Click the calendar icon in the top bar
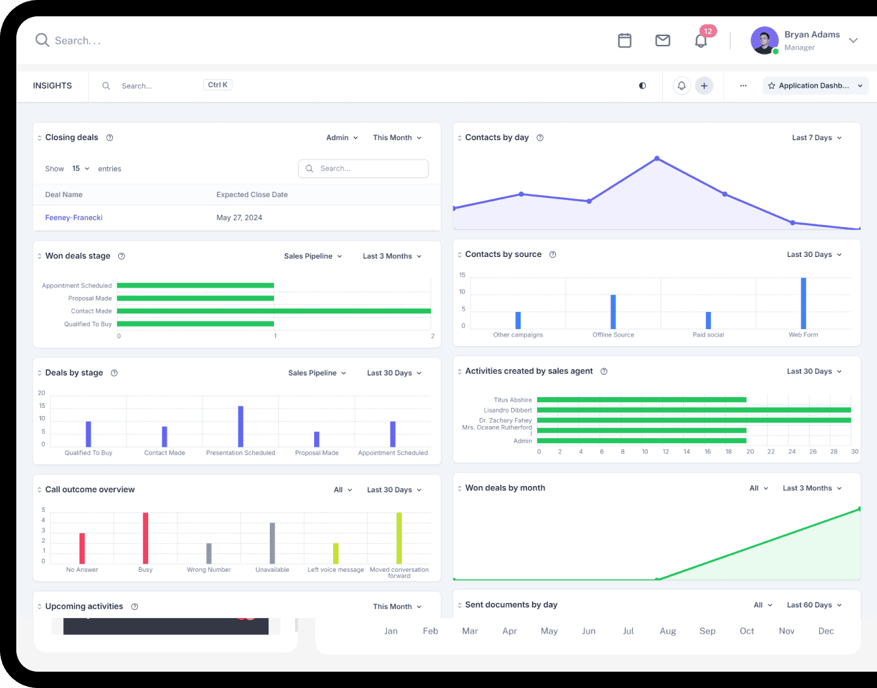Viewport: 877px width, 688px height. click(x=624, y=41)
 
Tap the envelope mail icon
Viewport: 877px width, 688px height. click(x=662, y=41)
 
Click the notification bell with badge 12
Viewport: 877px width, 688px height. click(x=701, y=41)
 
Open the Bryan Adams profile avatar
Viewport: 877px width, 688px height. click(x=764, y=41)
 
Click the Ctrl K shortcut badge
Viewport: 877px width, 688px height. click(x=218, y=85)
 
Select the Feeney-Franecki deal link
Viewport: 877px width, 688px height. click(x=73, y=218)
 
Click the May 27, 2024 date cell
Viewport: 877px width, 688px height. click(x=239, y=218)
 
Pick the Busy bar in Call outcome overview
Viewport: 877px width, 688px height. click(x=145, y=538)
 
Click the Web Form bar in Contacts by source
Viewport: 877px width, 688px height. click(x=803, y=303)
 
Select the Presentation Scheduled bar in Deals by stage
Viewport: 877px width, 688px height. click(x=241, y=426)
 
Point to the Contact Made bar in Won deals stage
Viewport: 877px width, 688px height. click(x=273, y=311)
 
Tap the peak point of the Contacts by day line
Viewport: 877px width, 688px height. click(x=657, y=158)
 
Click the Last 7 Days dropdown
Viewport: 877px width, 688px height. click(x=816, y=138)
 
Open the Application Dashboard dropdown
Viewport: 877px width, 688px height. click(x=815, y=86)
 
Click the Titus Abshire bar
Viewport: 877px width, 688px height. click(x=642, y=400)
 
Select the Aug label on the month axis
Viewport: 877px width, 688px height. click(x=668, y=631)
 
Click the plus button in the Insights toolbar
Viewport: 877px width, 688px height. click(x=704, y=86)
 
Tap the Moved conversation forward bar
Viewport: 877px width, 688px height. click(x=399, y=538)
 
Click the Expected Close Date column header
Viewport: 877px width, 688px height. click(x=252, y=194)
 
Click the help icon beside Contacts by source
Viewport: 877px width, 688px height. click(x=553, y=255)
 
